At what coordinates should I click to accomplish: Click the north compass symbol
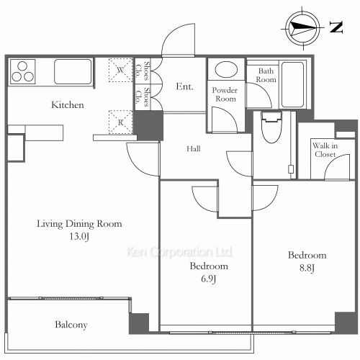303,28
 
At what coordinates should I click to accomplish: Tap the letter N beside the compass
336,27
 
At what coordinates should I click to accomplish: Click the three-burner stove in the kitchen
22,71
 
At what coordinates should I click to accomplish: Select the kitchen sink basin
73,71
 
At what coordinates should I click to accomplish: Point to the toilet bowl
271,127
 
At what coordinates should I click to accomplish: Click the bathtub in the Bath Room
292,84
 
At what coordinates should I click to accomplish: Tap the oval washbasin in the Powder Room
226,70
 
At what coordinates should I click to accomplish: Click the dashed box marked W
120,70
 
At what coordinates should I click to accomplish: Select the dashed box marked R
120,122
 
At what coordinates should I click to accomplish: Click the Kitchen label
68,105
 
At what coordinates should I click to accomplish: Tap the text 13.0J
79,236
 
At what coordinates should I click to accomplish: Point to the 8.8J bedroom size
307,268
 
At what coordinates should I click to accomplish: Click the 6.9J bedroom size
209,279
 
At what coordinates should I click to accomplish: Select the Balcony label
71,325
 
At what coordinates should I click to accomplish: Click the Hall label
194,149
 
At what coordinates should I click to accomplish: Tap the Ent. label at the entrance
184,86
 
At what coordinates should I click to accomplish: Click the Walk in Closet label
325,150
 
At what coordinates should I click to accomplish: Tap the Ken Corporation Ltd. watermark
180,252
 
